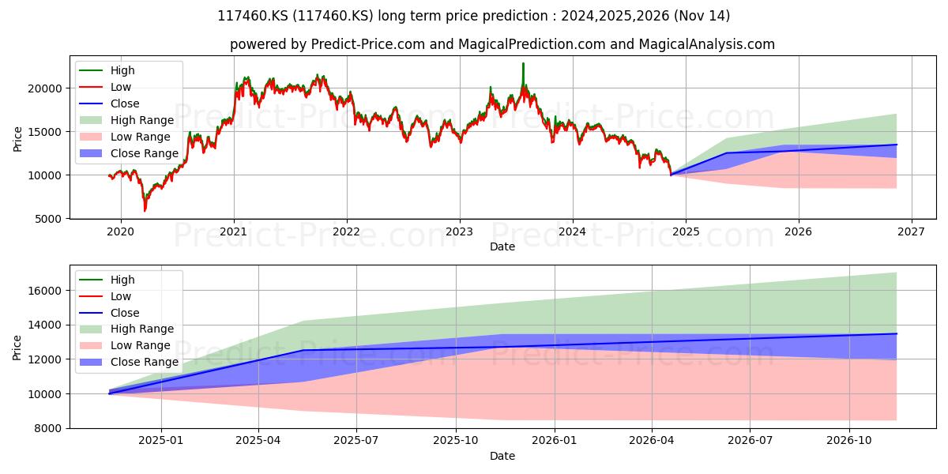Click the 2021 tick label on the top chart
[x=234, y=232]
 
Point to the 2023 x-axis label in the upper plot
[x=460, y=232]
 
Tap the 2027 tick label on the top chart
[x=912, y=232]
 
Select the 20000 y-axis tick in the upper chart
[x=45, y=88]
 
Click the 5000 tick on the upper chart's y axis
[x=48, y=219]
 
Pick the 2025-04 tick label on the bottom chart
[x=258, y=441]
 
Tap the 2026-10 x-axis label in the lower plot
[x=849, y=441]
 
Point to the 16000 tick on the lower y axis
[x=45, y=291]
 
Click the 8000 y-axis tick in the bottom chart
[x=48, y=428]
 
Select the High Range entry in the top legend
[x=127, y=120]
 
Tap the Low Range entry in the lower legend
[x=125, y=345]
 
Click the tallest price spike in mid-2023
[x=523, y=63]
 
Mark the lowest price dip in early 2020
[x=145, y=210]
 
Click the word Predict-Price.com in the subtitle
[x=368, y=44]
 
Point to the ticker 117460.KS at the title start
[x=253, y=16]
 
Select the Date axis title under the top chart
[x=502, y=246]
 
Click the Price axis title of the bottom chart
[x=17, y=348]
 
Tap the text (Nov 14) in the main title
[x=702, y=16]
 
